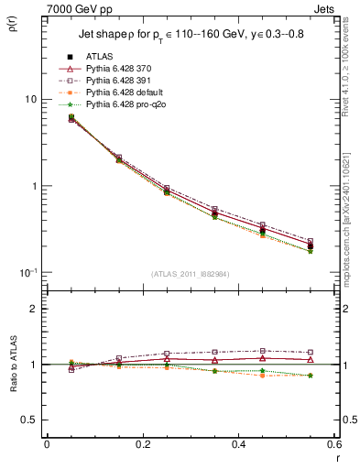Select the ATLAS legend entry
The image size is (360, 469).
click(98, 57)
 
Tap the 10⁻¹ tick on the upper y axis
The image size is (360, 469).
click(27, 272)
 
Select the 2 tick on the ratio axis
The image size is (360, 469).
click(34, 309)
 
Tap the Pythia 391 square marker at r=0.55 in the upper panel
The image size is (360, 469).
click(310, 241)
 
